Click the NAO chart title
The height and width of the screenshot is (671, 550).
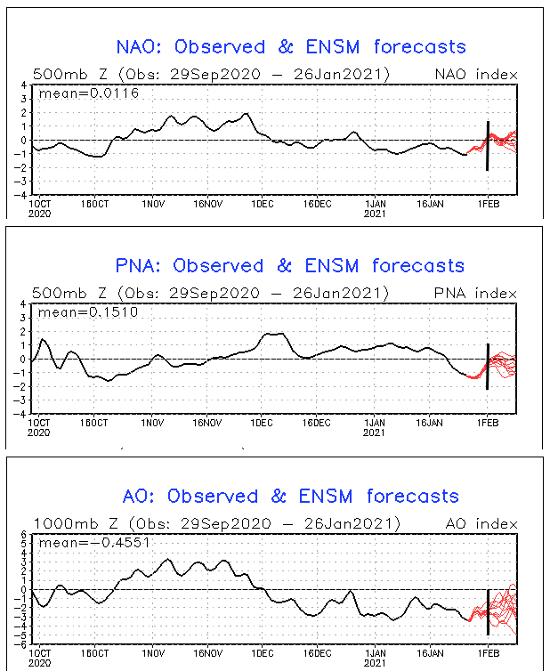[291, 46]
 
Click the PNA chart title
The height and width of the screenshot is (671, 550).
[290, 265]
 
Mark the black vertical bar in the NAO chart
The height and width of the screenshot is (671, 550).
[488, 145]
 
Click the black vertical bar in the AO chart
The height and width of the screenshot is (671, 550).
[488, 612]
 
